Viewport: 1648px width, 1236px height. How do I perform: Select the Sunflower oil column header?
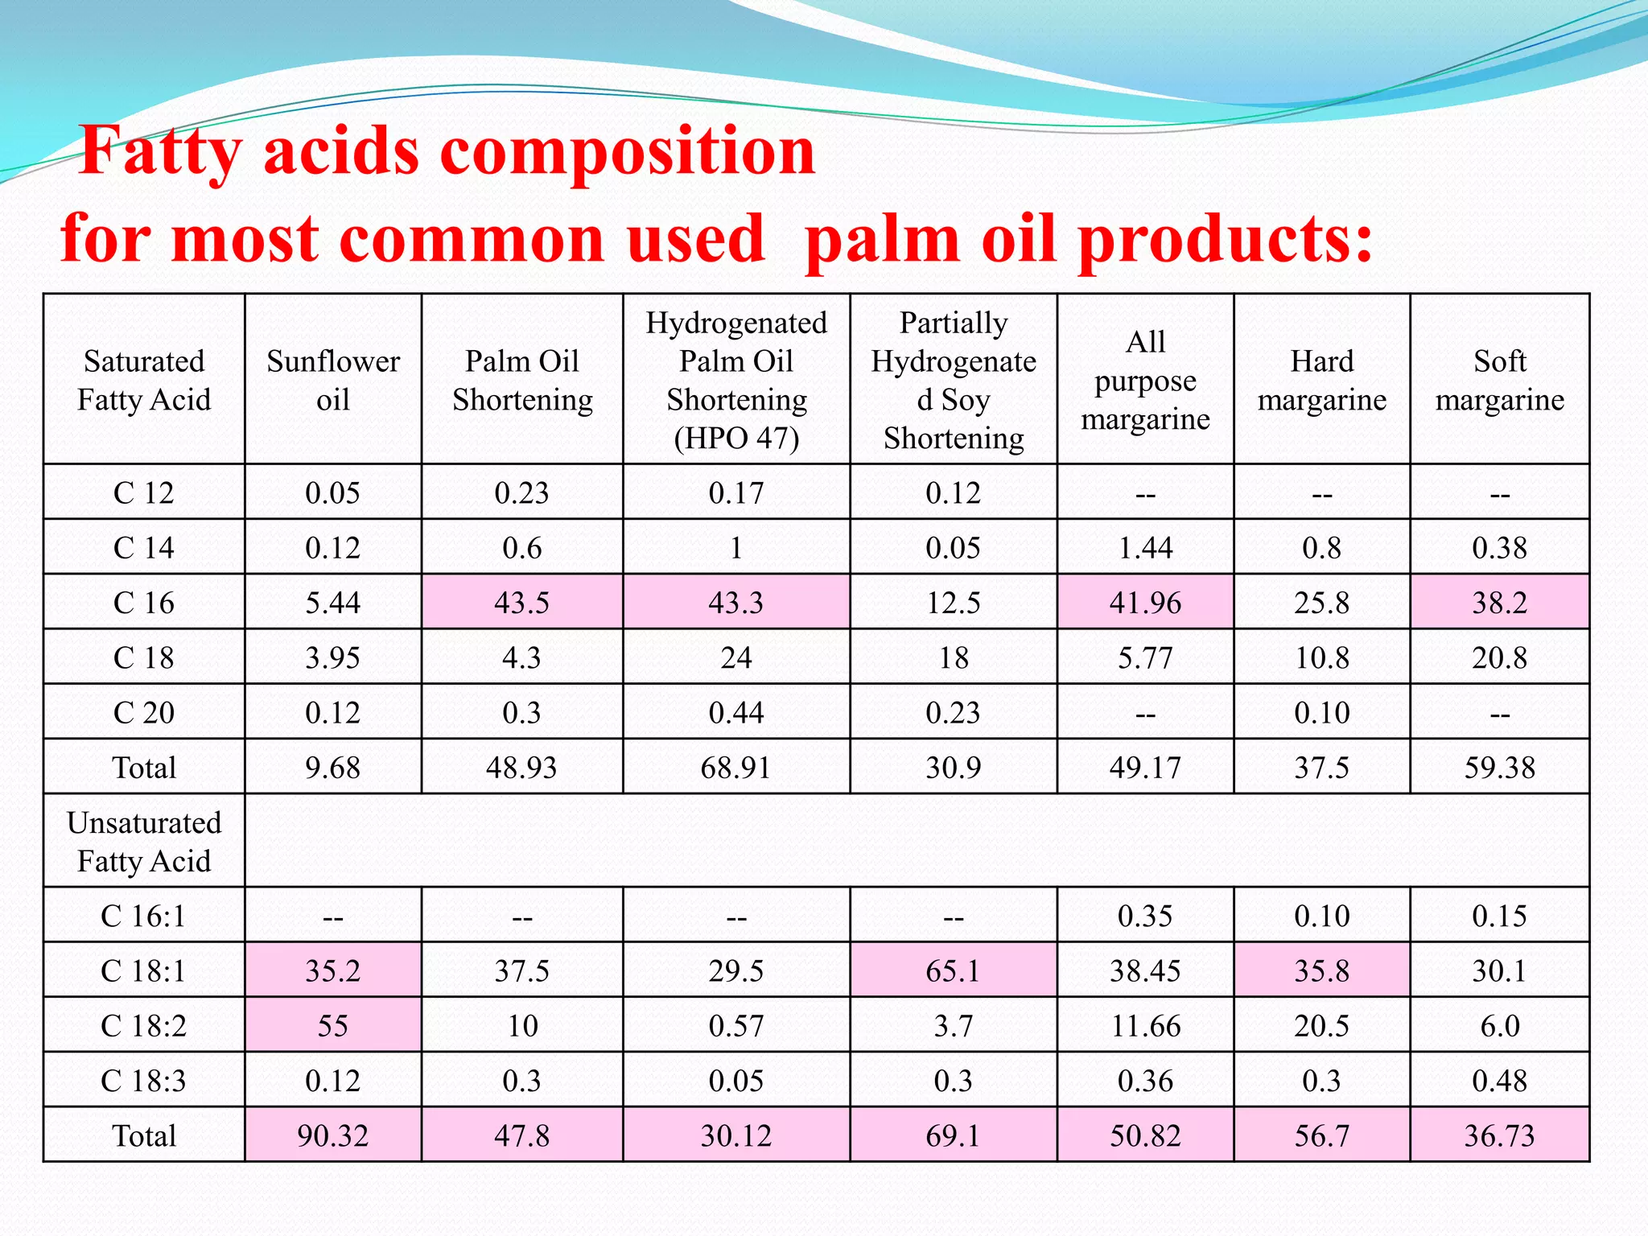point(333,380)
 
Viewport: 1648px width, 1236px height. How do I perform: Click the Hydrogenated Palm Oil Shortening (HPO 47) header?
point(736,380)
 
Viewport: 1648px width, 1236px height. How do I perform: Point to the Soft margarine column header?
point(1500,380)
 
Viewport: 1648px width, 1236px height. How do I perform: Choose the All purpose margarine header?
point(1145,380)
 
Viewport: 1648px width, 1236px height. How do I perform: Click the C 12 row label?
point(144,492)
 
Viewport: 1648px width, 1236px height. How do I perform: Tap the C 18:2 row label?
point(144,1026)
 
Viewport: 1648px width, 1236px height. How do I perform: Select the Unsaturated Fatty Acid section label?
point(144,842)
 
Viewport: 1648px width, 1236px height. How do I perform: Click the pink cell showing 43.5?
point(522,603)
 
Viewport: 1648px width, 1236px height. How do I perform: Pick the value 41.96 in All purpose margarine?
point(1145,603)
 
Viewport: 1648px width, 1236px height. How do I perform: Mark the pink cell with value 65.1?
point(954,971)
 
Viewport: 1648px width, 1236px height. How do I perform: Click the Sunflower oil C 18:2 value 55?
point(333,1026)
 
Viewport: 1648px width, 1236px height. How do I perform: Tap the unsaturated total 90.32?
point(333,1136)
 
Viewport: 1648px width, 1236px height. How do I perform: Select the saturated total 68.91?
point(736,768)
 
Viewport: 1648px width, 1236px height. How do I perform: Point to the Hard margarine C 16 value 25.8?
point(1322,603)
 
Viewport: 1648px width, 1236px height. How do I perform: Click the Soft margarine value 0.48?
point(1500,1081)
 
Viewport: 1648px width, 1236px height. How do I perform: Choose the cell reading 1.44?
point(1145,548)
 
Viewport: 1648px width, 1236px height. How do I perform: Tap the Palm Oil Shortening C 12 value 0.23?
point(522,492)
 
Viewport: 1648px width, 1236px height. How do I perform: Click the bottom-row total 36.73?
point(1500,1136)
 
